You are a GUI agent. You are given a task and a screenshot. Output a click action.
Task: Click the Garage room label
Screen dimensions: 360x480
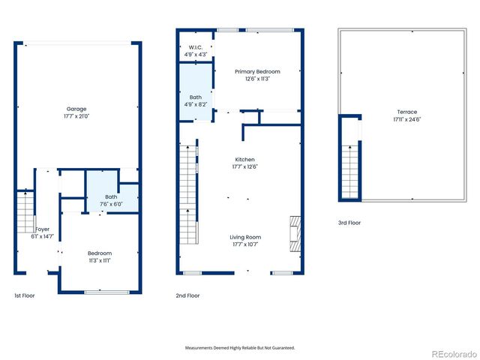pos(76,109)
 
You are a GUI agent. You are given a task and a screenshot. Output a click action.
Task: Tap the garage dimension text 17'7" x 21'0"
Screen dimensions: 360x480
pos(76,116)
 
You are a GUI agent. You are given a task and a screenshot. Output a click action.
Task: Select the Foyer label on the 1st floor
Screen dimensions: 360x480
pos(42,229)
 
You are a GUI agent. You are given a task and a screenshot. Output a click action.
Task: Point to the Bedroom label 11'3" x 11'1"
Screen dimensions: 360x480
pos(99,256)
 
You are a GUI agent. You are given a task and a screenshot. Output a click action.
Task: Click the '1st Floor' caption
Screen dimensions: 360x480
pos(24,295)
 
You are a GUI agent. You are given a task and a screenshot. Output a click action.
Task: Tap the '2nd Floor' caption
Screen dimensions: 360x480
pos(187,295)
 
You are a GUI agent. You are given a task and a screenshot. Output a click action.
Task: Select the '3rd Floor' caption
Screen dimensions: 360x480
pos(349,223)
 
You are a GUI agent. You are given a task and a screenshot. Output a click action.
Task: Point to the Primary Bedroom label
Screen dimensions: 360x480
pos(252,75)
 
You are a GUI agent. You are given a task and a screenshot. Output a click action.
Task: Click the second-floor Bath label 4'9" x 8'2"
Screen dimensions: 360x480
pos(195,101)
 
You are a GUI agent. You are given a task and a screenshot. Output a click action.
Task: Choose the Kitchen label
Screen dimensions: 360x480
pos(245,163)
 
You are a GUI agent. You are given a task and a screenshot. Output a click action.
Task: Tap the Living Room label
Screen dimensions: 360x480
pos(245,241)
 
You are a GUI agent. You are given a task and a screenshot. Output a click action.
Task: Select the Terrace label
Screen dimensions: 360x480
pos(407,116)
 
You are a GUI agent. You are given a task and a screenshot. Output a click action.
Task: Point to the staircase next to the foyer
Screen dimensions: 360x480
pos(25,207)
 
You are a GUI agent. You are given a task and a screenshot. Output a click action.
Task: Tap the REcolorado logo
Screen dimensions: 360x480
pos(451,352)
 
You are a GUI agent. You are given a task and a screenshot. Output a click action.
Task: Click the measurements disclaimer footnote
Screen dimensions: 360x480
pos(240,348)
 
